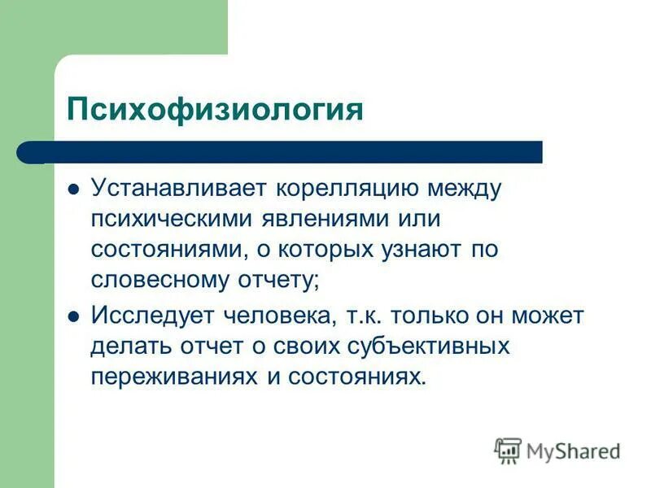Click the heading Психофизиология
pos(215,109)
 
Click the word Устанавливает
pos(181,189)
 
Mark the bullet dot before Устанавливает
pos(73,190)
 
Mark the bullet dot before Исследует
pos(73,317)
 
